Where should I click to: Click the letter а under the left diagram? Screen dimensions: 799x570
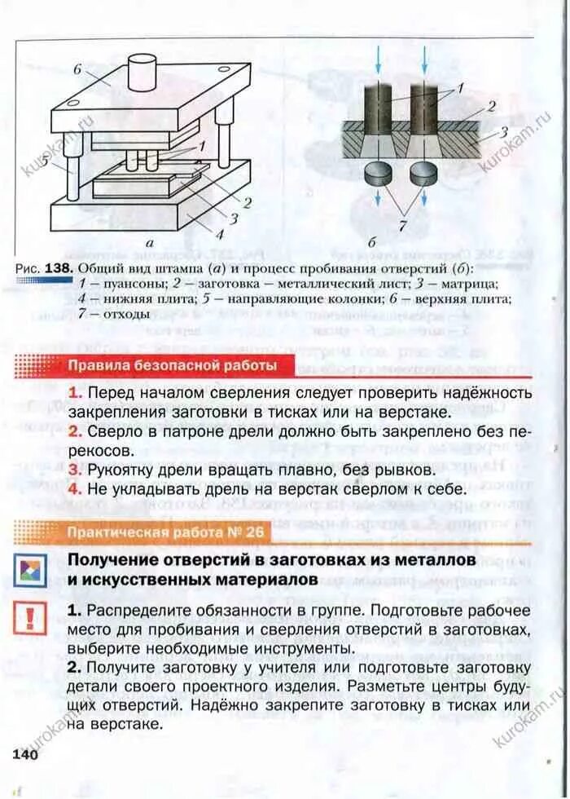pyautogui.click(x=150, y=242)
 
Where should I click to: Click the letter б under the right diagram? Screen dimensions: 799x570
pyautogui.click(x=372, y=242)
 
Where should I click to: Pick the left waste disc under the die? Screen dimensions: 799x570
pyautogui.click(x=377, y=172)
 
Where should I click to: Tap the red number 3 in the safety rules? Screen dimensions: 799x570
pyautogui.click(x=73, y=470)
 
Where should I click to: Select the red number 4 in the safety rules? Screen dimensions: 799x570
pyautogui.click(x=73, y=489)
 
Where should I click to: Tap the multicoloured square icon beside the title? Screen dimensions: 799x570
pyautogui.click(x=29, y=571)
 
